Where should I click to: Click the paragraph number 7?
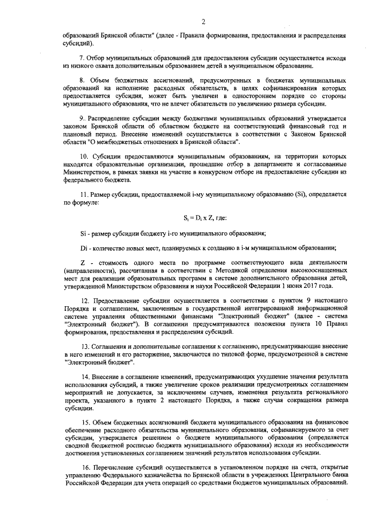coord(80,58)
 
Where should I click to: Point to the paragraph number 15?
coord(83,422)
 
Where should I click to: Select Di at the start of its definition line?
coord(83,247)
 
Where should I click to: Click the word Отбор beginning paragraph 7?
coord(95,58)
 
